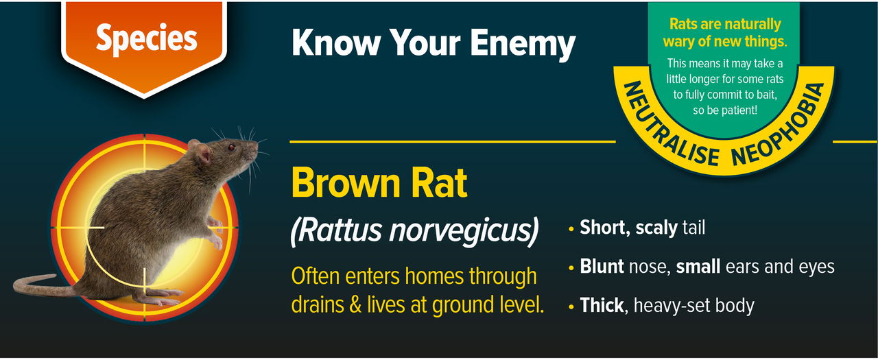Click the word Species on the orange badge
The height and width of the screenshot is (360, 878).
[145, 39]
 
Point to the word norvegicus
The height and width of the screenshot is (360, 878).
[464, 231]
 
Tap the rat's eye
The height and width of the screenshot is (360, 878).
[231, 147]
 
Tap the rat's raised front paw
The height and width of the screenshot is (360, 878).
[217, 241]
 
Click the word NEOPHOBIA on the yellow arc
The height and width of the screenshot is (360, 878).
[779, 130]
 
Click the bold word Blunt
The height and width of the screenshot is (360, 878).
[602, 267]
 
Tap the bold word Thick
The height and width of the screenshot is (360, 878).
[602, 305]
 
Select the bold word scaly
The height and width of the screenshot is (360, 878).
[656, 228]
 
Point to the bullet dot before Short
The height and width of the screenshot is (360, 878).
[571, 229]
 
